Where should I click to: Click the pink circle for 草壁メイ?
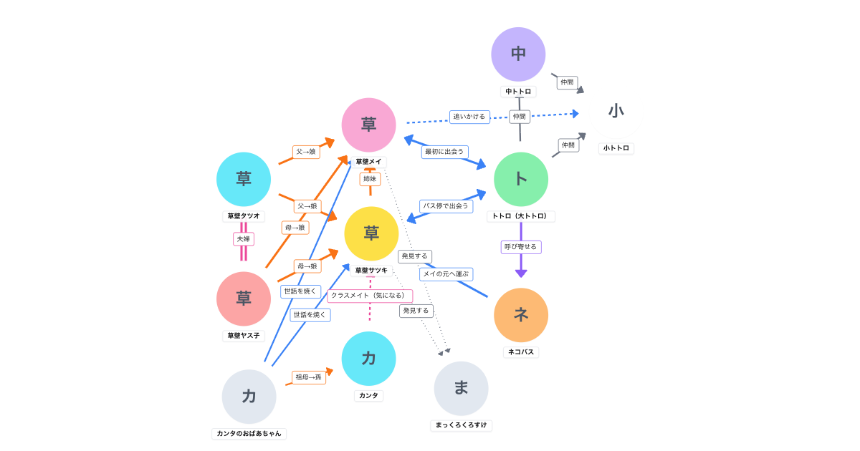[x=368, y=125]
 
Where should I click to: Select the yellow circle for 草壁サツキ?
[x=371, y=233]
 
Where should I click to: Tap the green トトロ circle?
[x=521, y=179]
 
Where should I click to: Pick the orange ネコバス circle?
[x=521, y=315]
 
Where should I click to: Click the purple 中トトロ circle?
[x=518, y=54]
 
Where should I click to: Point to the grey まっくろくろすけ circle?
[x=461, y=388]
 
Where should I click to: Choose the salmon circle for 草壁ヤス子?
[x=244, y=299]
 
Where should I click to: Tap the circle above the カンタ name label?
[x=368, y=359]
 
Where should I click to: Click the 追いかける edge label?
[x=469, y=116]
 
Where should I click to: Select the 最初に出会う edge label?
[x=444, y=152]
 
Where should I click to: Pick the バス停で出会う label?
[x=446, y=206]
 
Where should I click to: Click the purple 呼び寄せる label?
[x=521, y=247]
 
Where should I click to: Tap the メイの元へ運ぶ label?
[x=446, y=274]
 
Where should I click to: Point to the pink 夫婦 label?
[x=244, y=239]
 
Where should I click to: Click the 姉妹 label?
[x=370, y=179]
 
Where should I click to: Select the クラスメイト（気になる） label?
[x=370, y=296]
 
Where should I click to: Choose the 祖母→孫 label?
[x=309, y=377]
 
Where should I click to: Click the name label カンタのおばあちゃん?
[x=249, y=434]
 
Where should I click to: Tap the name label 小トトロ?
[x=616, y=148]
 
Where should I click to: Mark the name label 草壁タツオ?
[x=244, y=216]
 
